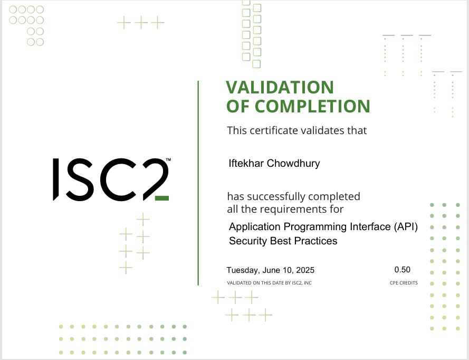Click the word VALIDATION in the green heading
pos(280,87)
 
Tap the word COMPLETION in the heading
pos(312,106)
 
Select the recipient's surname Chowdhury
pos(293,164)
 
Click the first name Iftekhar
pos(246,163)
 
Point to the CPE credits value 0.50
pos(403,270)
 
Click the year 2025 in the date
pos(305,270)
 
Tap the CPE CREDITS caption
pos(404,283)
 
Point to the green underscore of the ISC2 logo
pos(162,198)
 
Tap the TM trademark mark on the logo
pos(168,160)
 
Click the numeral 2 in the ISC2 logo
pos(156,179)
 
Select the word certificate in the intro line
pos(274,130)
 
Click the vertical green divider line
pos(198,183)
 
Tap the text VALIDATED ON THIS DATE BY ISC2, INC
pos(269,283)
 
